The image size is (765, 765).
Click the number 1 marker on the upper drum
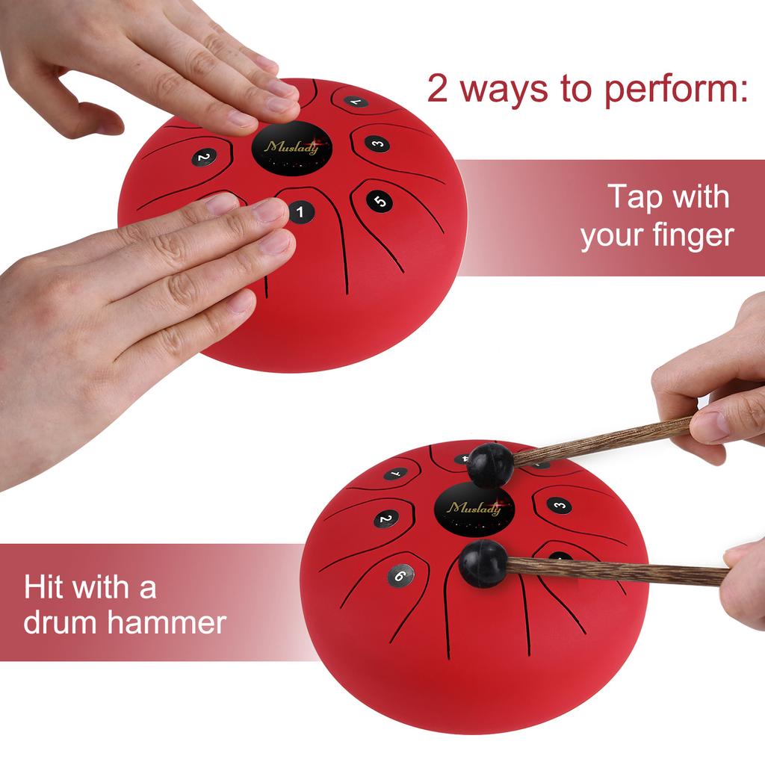300,212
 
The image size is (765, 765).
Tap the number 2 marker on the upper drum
203,157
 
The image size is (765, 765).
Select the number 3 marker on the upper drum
378,144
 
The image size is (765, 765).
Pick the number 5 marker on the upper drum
380,200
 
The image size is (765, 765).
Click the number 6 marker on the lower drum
400,574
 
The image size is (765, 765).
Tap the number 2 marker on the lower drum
385,519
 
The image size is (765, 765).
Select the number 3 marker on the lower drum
559,505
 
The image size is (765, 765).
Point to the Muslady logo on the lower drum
474,509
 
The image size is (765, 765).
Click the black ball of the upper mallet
490,464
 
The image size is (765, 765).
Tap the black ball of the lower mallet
482,564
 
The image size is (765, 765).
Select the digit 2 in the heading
439,89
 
